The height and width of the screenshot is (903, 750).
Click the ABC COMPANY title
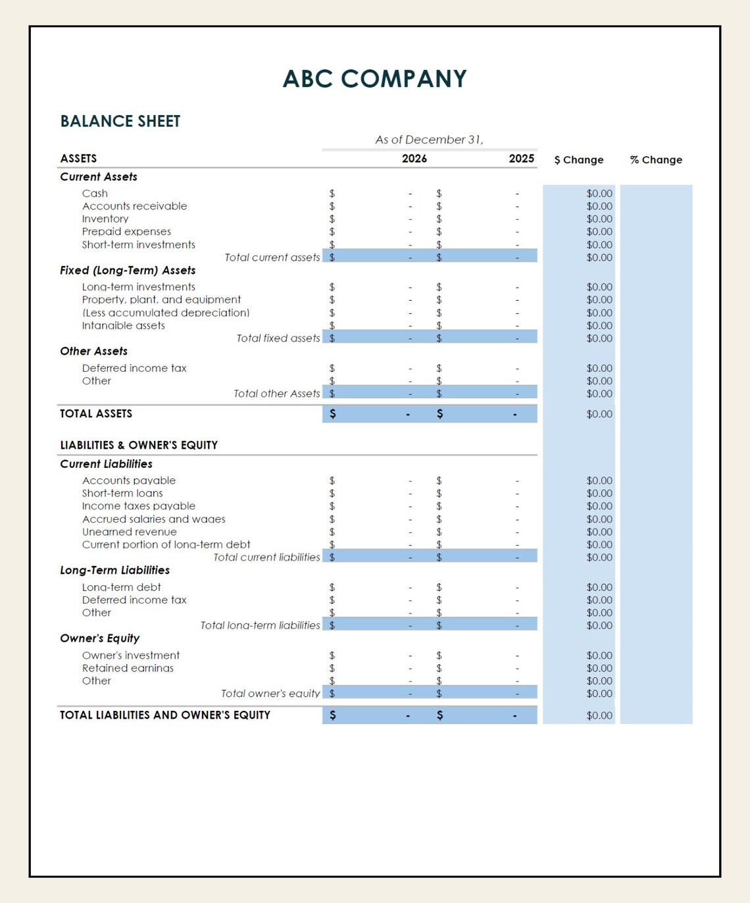[374, 79]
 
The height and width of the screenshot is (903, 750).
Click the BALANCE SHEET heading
[120, 121]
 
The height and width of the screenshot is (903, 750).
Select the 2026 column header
[414, 159]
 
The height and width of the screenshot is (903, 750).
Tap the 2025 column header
[521, 159]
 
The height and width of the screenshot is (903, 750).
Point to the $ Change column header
[578, 160]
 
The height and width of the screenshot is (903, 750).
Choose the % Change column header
[656, 160]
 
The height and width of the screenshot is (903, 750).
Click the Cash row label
[95, 193]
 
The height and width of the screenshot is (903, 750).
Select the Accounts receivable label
[134, 206]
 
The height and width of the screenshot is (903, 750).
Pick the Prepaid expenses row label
[126, 232]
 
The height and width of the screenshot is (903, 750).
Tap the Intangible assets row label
[123, 326]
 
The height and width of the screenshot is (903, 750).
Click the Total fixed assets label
[278, 338]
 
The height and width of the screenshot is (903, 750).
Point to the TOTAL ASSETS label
[96, 414]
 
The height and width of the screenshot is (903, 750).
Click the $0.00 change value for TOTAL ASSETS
[599, 414]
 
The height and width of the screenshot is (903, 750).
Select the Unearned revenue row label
[129, 532]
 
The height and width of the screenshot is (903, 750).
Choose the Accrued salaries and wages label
[153, 519]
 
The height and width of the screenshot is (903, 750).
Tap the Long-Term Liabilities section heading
[114, 571]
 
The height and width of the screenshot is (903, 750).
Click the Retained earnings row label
[128, 668]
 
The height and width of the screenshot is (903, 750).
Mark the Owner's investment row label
[130, 656]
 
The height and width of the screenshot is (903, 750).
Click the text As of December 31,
[429, 140]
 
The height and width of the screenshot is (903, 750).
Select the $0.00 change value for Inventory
[599, 219]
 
